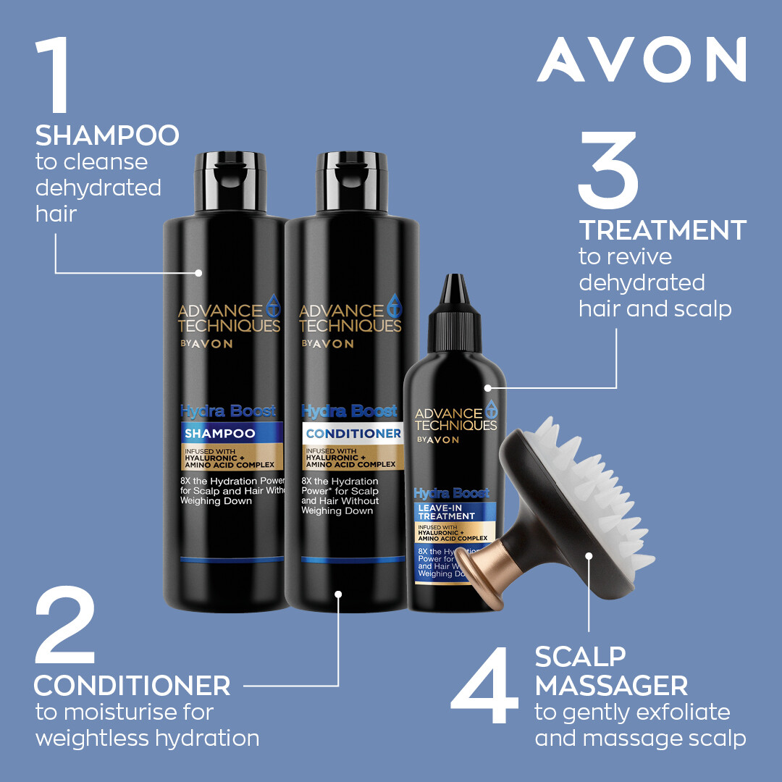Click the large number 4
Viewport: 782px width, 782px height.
tap(485, 688)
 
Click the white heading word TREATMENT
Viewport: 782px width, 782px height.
tap(663, 230)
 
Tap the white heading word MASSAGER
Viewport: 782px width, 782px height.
tap(611, 684)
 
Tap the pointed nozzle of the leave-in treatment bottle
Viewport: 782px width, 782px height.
tap(453, 297)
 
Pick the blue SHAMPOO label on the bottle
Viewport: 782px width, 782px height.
tap(231, 434)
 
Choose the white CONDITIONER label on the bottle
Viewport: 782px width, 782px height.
tap(353, 434)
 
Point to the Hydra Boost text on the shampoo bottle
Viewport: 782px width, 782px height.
tap(228, 411)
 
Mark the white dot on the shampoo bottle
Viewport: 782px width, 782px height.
tap(199, 273)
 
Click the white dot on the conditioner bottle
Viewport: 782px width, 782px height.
tap(337, 594)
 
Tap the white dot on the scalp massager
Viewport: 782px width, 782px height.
tap(589, 557)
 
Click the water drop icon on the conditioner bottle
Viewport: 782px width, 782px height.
tap(395, 303)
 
